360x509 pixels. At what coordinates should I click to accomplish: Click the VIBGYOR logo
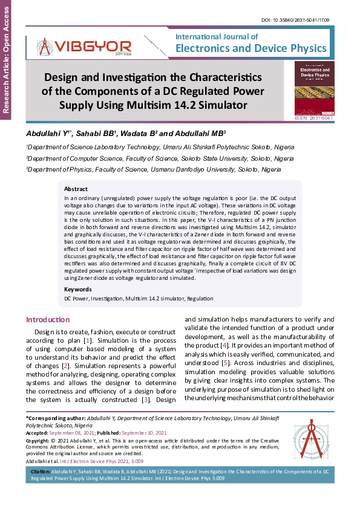coord(84,46)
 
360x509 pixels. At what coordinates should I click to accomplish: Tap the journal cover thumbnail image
coord(313,88)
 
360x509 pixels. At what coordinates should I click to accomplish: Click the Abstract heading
coord(76,189)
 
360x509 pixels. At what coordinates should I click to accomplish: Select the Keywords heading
coord(77,290)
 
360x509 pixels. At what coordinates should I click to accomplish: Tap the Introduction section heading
coord(48,319)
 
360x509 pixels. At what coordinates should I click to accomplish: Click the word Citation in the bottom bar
coord(40,470)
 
